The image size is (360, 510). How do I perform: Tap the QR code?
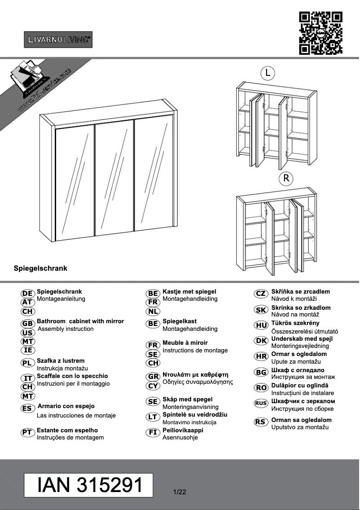320,33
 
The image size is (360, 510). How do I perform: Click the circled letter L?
268,72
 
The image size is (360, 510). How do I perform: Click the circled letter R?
285,178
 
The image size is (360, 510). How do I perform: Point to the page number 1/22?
180,492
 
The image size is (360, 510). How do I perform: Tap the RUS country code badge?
261,403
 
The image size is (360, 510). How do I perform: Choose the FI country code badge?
153,432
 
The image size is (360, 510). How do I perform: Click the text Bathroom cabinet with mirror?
80,321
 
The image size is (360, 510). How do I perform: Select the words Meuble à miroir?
185,343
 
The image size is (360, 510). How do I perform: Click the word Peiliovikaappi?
183,430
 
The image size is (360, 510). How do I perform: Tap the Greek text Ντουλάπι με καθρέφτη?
196,374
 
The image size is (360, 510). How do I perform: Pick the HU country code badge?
261,325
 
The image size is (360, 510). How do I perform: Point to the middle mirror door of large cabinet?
114,178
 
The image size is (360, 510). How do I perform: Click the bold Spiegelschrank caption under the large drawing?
40,268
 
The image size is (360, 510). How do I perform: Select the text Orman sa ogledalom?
301,420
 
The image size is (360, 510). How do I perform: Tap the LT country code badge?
153,417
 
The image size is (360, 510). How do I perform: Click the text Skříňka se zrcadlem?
300,292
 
